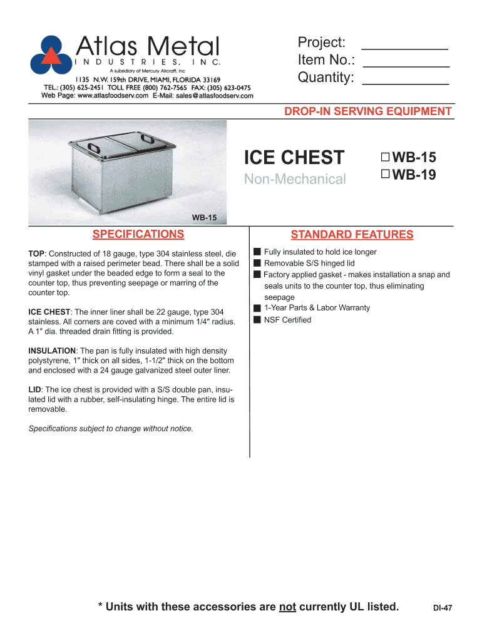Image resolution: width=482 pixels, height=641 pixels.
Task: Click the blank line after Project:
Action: (405, 44)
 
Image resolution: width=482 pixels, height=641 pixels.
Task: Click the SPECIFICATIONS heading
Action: (138, 235)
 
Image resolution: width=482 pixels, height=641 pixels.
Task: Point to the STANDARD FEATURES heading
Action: (352, 235)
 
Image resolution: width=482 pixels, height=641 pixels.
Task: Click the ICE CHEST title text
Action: (294, 157)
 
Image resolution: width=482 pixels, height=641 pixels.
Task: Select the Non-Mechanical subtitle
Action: (294, 180)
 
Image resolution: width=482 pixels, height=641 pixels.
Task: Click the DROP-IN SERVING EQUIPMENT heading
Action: (368, 111)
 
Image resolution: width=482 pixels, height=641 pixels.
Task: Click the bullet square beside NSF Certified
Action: (257, 320)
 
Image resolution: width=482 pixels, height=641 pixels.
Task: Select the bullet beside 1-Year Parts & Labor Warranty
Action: (257, 308)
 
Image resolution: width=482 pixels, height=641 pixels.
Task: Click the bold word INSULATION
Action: (52, 351)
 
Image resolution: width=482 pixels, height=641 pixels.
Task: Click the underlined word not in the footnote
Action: (287, 607)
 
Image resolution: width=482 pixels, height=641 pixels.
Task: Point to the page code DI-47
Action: (443, 608)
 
